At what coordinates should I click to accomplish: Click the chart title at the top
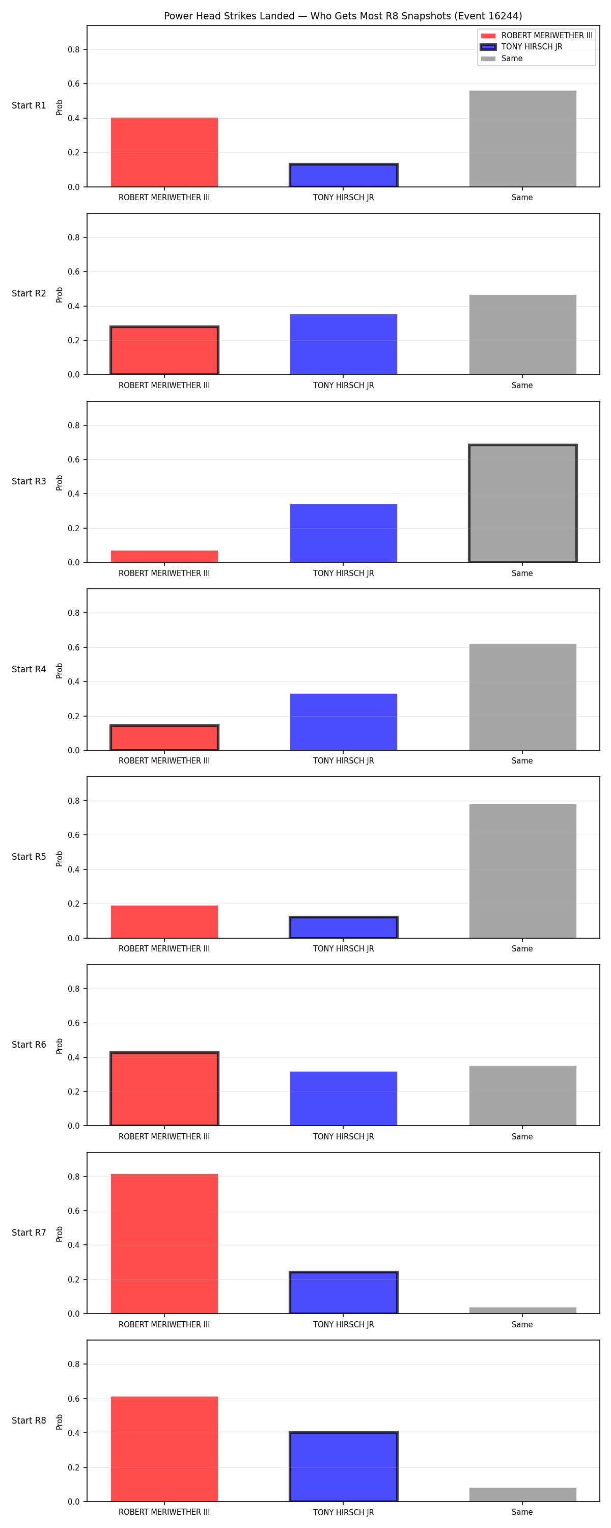click(x=343, y=16)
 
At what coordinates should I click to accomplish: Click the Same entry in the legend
click(x=502, y=58)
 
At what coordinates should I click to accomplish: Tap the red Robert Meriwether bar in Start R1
click(x=164, y=152)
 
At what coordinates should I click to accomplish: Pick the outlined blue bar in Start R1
click(x=344, y=175)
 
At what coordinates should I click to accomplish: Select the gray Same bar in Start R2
click(x=522, y=335)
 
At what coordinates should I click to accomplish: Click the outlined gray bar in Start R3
click(x=522, y=503)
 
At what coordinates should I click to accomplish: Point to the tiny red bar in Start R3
click(x=164, y=556)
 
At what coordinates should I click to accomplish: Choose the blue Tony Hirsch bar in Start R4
click(x=344, y=722)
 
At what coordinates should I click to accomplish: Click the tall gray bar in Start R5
click(x=522, y=871)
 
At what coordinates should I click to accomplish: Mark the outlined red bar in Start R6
click(x=164, y=1088)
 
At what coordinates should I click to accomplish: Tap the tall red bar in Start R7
click(x=164, y=1243)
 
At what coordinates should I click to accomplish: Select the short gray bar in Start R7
click(x=522, y=1311)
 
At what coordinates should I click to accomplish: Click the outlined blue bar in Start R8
click(x=344, y=1466)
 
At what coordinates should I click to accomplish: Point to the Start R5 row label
click(x=29, y=857)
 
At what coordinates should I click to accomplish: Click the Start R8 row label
click(x=29, y=1420)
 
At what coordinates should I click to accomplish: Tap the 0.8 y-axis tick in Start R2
click(x=73, y=237)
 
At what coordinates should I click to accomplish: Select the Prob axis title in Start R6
click(x=60, y=1046)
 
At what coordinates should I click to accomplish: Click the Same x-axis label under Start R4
click(x=522, y=760)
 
